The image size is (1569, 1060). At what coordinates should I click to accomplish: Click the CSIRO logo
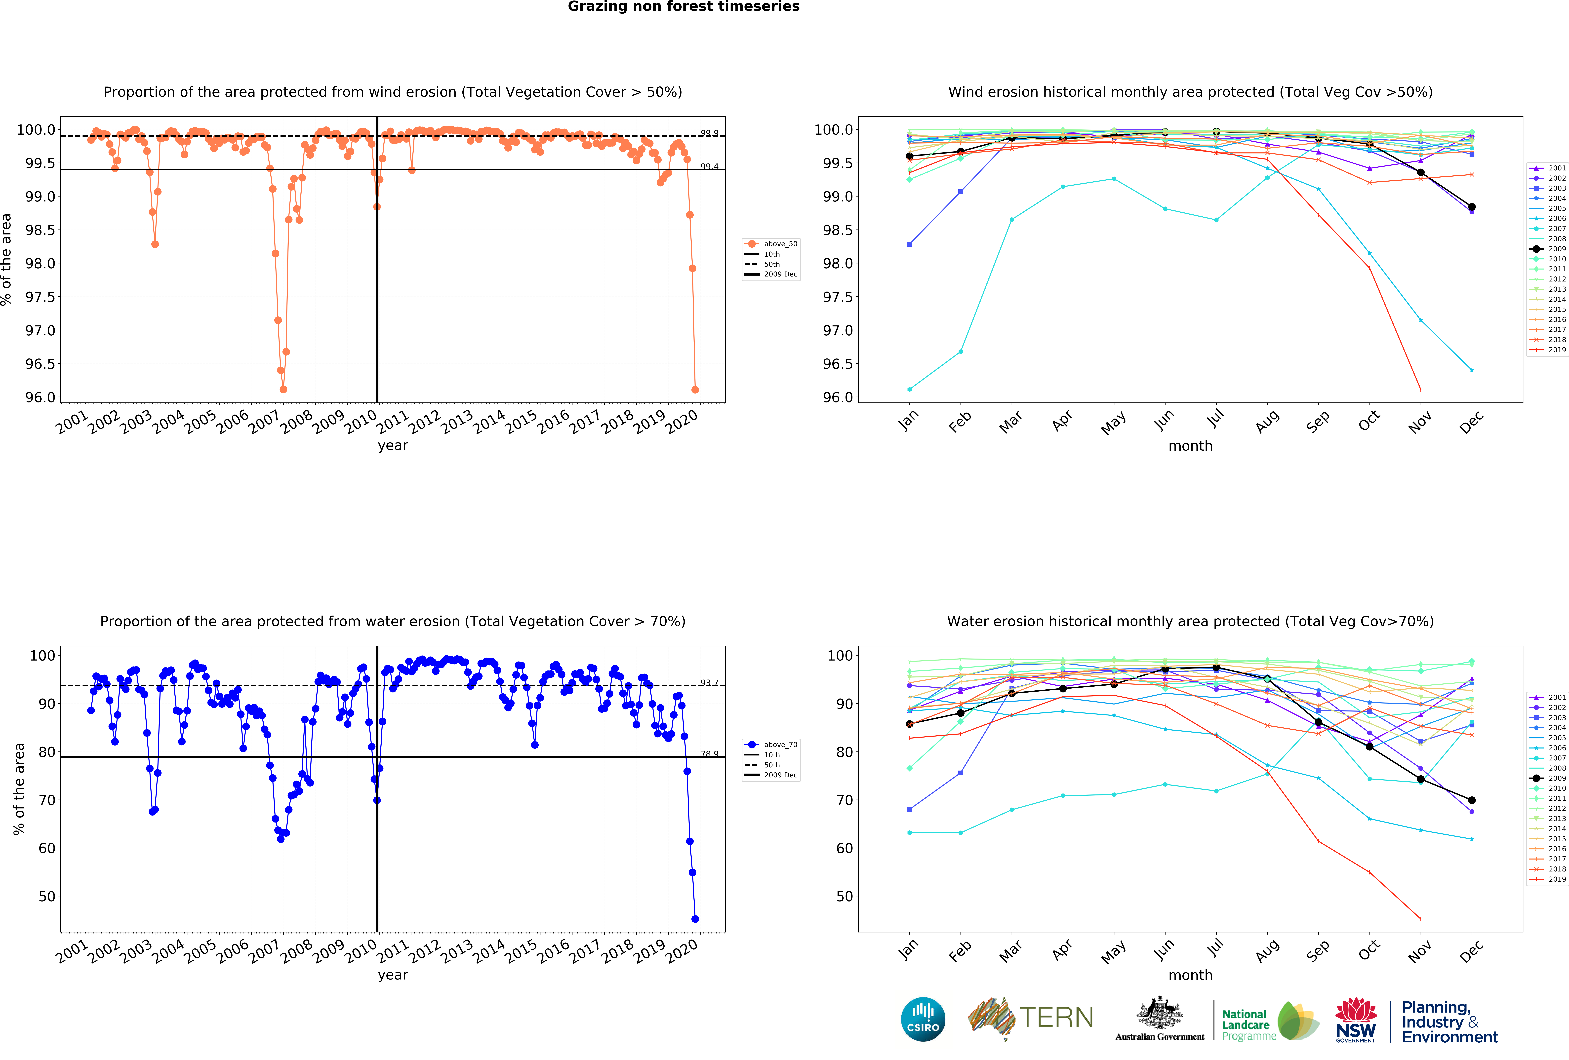click(x=923, y=1019)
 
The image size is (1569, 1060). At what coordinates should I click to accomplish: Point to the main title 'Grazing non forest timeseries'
click(x=683, y=7)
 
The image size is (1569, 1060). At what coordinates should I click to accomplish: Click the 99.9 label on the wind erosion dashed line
click(x=709, y=133)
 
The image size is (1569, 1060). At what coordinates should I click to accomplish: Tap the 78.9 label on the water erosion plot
click(x=709, y=753)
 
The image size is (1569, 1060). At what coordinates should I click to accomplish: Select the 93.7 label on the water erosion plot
click(x=709, y=683)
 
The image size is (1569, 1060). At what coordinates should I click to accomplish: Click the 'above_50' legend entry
click(x=780, y=244)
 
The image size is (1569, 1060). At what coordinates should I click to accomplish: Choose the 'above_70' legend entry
click(x=780, y=745)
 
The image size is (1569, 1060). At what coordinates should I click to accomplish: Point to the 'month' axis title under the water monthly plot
click(x=1190, y=975)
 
